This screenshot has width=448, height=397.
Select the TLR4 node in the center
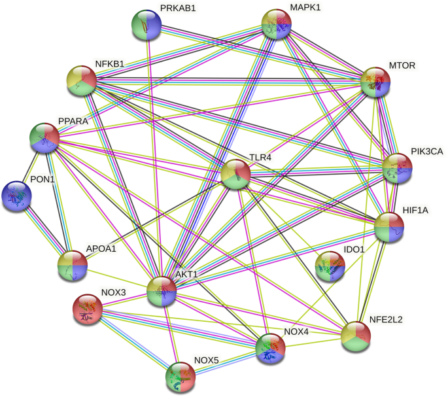click(235, 175)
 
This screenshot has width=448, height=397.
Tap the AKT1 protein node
click(162, 291)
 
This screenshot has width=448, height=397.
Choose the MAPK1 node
click(276, 25)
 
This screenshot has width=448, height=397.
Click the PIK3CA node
click(397, 168)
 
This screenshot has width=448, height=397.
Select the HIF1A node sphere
click(389, 227)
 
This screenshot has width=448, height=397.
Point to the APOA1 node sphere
click(72, 266)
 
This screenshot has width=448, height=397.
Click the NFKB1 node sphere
click(82, 80)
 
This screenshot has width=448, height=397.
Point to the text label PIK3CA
click(427, 152)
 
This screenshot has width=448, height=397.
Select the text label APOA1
click(102, 249)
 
